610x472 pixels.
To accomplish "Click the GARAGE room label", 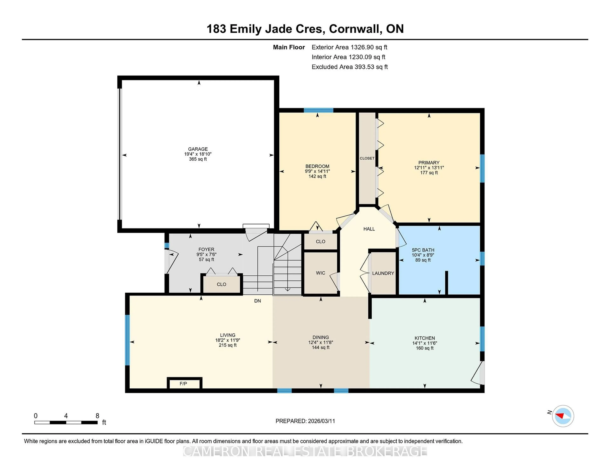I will click(198, 149).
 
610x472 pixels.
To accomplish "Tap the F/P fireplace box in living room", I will click(183, 384).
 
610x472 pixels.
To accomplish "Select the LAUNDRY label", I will click(383, 273).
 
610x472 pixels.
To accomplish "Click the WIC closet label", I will click(320, 273).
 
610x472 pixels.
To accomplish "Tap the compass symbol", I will click(563, 416).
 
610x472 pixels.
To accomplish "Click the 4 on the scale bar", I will click(66, 416).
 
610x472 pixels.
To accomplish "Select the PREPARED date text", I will click(305, 421).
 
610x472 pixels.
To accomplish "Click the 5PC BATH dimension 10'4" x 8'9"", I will click(423, 255).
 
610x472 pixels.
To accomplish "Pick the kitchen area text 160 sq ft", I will click(425, 348).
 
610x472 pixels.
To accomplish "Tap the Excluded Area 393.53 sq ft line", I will click(349, 67).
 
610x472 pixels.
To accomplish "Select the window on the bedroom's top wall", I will click(318, 110).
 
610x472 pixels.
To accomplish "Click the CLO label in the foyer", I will click(221, 284).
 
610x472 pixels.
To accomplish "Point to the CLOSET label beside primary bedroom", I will click(367, 158).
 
